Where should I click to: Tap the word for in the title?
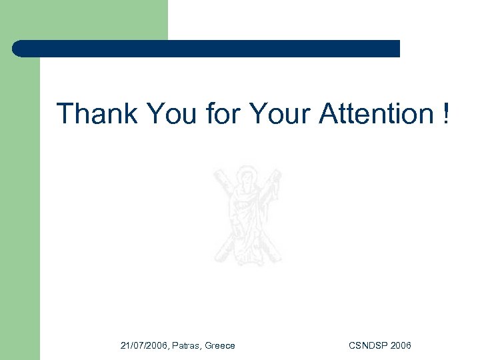coord(223,114)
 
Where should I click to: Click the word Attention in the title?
coord(376,114)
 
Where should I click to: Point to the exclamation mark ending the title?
coord(445,114)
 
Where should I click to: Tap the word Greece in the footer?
coord(220,345)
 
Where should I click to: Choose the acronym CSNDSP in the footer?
coord(369,345)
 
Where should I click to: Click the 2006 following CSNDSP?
coord(401,345)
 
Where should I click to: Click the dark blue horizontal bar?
coord(207,49)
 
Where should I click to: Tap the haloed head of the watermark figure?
coord(248,178)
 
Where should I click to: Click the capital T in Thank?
coord(64,114)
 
